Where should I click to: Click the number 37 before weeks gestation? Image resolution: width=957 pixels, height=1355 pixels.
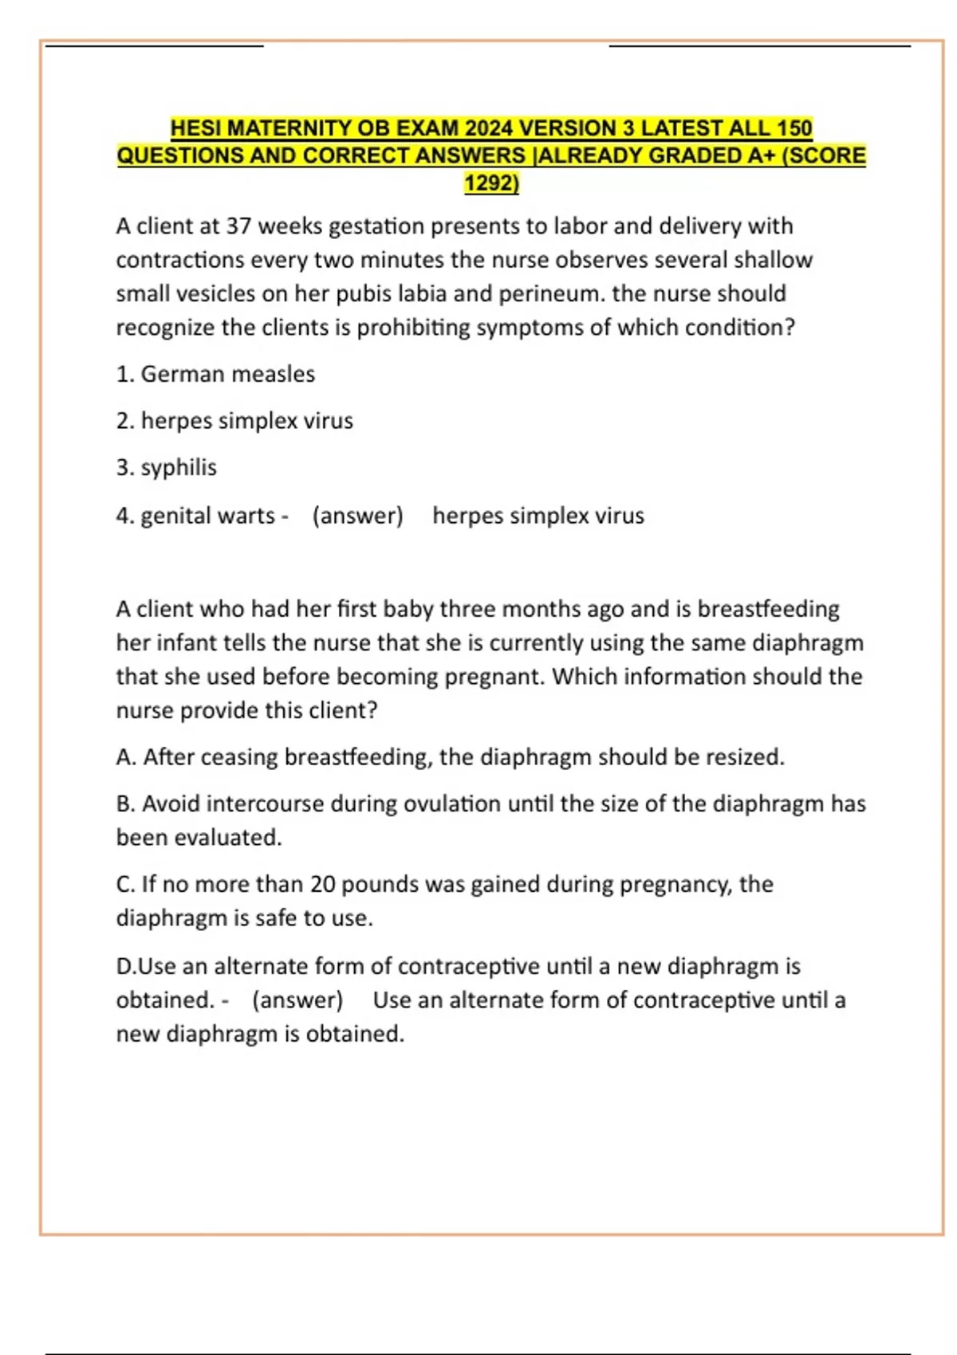(238, 226)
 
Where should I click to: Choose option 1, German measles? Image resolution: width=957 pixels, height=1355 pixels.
(227, 374)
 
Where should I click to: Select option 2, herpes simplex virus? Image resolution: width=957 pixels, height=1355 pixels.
(246, 421)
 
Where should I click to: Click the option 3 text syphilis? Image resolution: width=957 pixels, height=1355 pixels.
(179, 468)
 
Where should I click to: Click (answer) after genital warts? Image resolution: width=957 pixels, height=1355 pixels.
(357, 516)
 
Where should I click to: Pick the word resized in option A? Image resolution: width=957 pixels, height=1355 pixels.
(745, 757)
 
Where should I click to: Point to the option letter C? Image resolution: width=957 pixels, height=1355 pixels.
(124, 884)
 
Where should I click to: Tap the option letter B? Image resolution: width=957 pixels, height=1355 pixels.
(124, 803)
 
